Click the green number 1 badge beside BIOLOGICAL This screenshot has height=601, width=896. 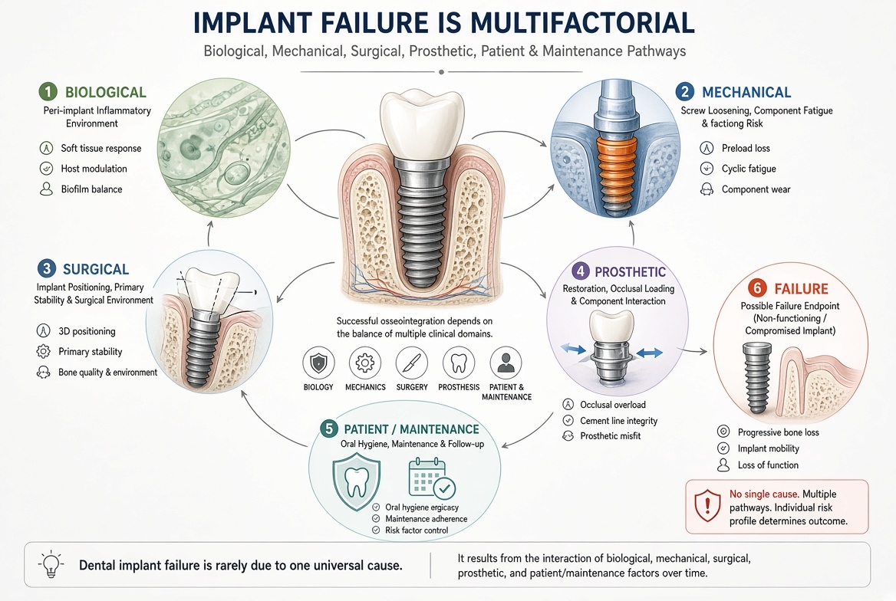point(48,91)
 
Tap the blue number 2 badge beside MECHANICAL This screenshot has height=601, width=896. point(684,91)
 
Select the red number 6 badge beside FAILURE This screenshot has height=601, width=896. point(757,288)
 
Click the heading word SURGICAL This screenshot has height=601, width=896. point(96,269)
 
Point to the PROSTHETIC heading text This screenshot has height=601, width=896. point(631,272)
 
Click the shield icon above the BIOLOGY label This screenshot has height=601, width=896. point(318,363)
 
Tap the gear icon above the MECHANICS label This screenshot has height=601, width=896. point(365,363)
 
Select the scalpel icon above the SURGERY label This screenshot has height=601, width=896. point(412,363)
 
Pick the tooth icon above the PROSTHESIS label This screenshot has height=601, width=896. point(459,363)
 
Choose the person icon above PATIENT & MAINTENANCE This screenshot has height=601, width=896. point(506,363)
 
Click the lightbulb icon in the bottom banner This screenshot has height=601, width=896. point(51,564)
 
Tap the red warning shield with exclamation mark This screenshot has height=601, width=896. point(707,506)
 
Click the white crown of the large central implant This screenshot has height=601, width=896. point(422,123)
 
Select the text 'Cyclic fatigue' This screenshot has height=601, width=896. point(749,169)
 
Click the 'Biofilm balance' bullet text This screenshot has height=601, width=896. point(91,189)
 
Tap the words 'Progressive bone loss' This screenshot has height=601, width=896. point(779,432)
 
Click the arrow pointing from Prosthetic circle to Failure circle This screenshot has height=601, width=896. point(696,351)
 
